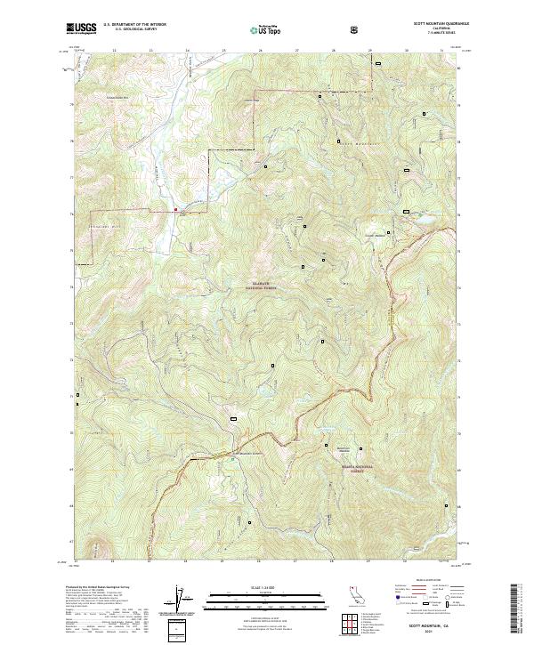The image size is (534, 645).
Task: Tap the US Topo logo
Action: pos(266,29)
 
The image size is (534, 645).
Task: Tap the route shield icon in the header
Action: pos(356,29)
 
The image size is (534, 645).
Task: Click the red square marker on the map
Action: pos(176,210)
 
